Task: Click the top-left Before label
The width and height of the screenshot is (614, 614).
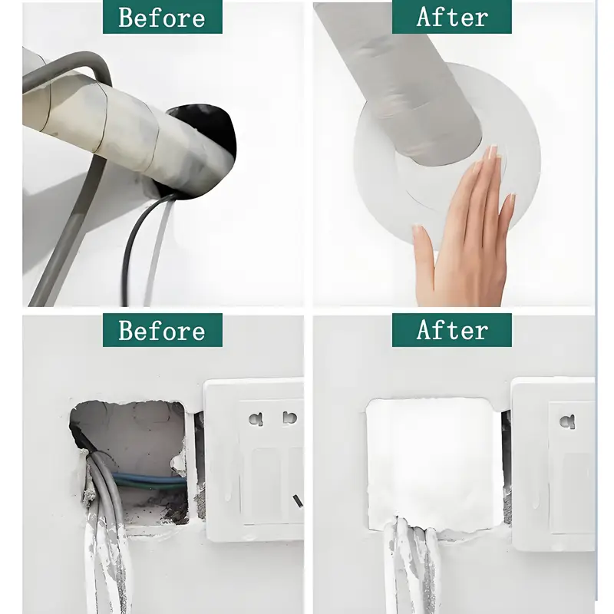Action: tap(163, 17)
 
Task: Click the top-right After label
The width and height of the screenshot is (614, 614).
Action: tap(452, 17)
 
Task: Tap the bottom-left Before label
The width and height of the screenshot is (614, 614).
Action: tap(163, 330)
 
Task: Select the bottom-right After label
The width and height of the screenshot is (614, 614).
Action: tap(452, 330)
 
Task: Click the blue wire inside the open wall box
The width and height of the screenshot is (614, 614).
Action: tap(149, 479)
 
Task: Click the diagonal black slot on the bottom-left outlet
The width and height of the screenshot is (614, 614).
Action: tap(298, 500)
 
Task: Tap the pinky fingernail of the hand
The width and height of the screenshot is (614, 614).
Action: tap(512, 199)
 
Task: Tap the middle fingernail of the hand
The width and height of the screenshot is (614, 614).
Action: tap(492, 151)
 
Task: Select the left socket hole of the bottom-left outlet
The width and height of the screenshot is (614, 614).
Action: tap(256, 420)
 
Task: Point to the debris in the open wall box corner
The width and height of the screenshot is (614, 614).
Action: tap(172, 513)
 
